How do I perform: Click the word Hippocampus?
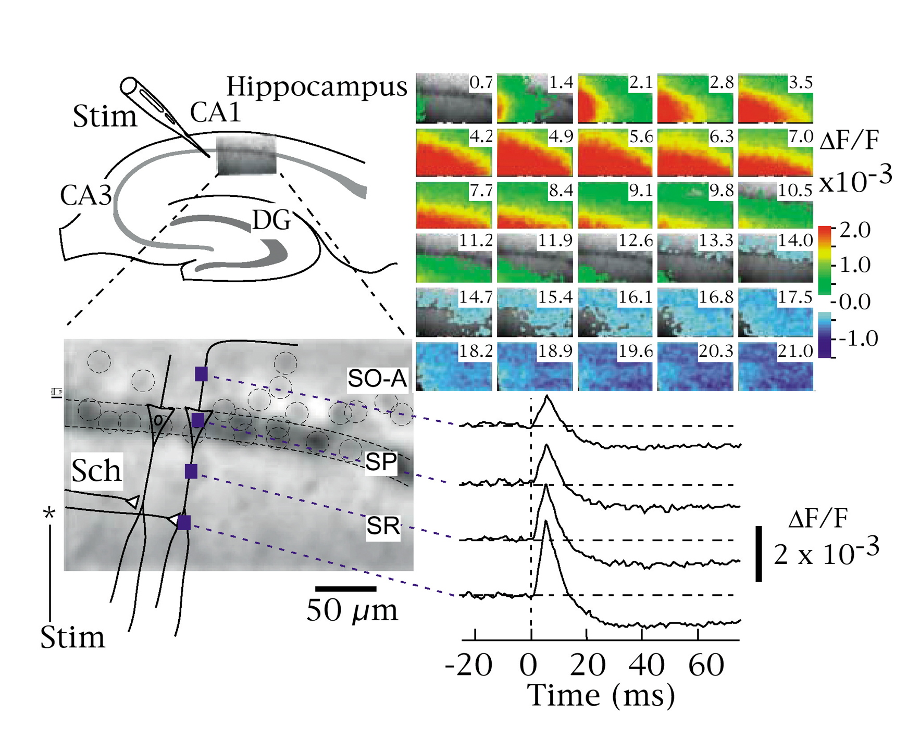tap(316, 87)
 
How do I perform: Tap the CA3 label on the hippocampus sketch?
tap(86, 195)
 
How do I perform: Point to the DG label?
tap(271, 220)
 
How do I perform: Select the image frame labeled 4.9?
tap(534, 153)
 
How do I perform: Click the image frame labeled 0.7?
tap(453, 98)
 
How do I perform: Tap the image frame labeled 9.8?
tap(694, 205)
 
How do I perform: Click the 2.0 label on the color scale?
tap(855, 230)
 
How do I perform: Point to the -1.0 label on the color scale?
tap(854, 339)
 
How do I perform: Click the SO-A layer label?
tap(377, 379)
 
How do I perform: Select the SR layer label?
tap(383, 526)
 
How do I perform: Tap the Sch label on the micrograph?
tap(96, 471)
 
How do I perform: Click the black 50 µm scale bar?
tap(346, 589)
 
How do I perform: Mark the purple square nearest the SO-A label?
tap(202, 373)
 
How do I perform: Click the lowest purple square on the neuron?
tap(184, 522)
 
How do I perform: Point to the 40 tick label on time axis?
tap(646, 665)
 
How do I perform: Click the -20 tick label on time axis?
tap(468, 665)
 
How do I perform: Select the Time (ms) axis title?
tap(601, 695)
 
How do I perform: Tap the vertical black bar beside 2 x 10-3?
tap(759, 553)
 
